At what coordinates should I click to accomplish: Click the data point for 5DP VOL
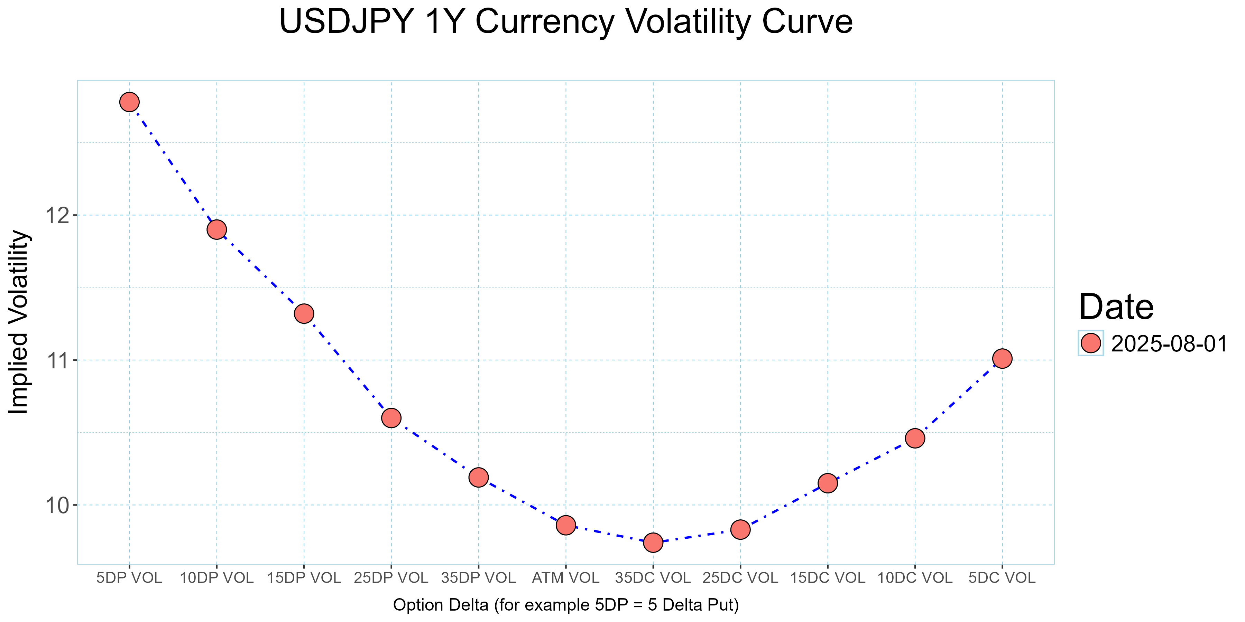[129, 102]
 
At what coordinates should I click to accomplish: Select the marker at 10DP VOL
[216, 229]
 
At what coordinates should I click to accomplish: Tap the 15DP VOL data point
[304, 314]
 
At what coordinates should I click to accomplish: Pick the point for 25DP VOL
[391, 418]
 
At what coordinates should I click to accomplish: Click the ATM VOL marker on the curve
[565, 525]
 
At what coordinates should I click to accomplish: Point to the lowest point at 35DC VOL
[653, 543]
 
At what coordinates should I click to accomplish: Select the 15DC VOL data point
[828, 483]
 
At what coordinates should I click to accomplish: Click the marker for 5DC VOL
[1002, 358]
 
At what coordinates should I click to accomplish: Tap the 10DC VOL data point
[915, 439]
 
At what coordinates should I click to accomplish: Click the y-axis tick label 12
[57, 215]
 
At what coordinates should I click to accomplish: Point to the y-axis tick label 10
[57, 506]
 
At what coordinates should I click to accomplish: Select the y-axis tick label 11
[57, 360]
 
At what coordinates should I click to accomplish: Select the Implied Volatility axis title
[19, 322]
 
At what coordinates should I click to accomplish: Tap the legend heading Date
[1116, 307]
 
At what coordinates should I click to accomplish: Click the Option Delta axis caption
[565, 605]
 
